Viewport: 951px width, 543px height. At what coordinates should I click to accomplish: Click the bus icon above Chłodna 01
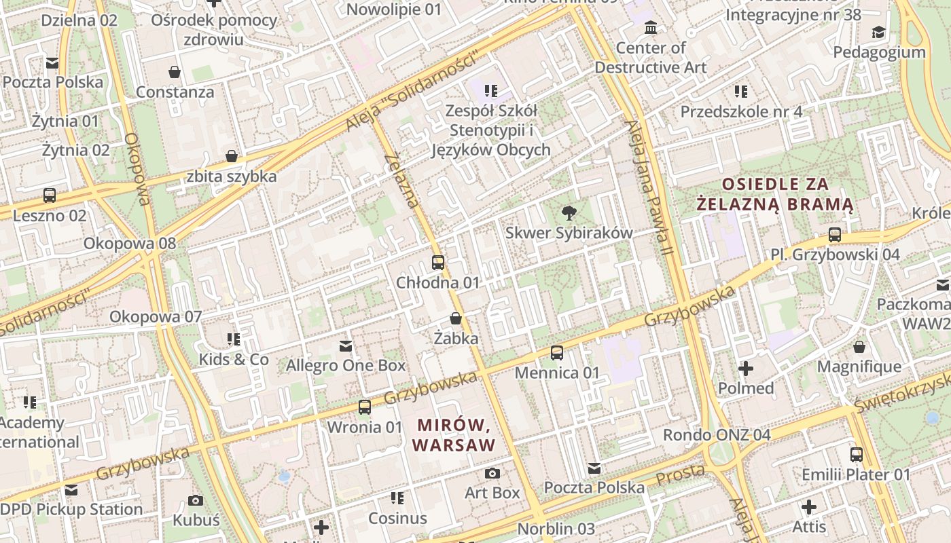pyautogui.click(x=438, y=262)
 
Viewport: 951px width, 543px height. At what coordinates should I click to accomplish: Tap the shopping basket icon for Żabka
pyautogui.click(x=456, y=318)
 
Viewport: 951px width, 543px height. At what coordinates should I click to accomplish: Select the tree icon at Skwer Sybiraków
pyautogui.click(x=569, y=213)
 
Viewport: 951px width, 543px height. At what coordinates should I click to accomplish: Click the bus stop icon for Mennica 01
pyautogui.click(x=557, y=352)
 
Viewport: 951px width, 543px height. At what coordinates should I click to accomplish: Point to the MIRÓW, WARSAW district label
pyautogui.click(x=454, y=435)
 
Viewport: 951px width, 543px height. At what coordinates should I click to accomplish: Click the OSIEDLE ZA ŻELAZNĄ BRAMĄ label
pyautogui.click(x=775, y=193)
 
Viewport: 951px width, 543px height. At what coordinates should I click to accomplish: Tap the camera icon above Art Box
pyautogui.click(x=492, y=472)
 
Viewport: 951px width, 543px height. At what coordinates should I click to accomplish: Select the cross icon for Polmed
pyautogui.click(x=746, y=369)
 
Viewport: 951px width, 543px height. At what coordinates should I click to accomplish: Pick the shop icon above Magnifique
pyautogui.click(x=859, y=347)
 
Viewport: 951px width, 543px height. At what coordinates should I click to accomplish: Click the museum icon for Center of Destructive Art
pyautogui.click(x=651, y=28)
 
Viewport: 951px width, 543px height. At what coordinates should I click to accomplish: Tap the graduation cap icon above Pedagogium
pyautogui.click(x=879, y=32)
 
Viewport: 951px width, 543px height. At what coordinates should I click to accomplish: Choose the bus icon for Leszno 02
pyautogui.click(x=50, y=195)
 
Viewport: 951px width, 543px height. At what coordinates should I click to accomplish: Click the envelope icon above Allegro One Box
pyautogui.click(x=346, y=346)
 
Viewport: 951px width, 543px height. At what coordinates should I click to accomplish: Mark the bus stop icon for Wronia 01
pyautogui.click(x=365, y=407)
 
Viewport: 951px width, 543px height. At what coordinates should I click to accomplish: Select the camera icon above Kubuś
pyautogui.click(x=196, y=500)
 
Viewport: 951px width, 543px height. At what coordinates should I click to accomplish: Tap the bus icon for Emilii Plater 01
pyautogui.click(x=857, y=454)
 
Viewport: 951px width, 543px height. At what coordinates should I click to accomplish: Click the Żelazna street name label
pyautogui.click(x=401, y=180)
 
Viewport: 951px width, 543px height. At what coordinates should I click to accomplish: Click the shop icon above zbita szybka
pyautogui.click(x=232, y=156)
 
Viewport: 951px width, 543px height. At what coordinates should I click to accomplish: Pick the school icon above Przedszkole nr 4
pyautogui.click(x=741, y=91)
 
